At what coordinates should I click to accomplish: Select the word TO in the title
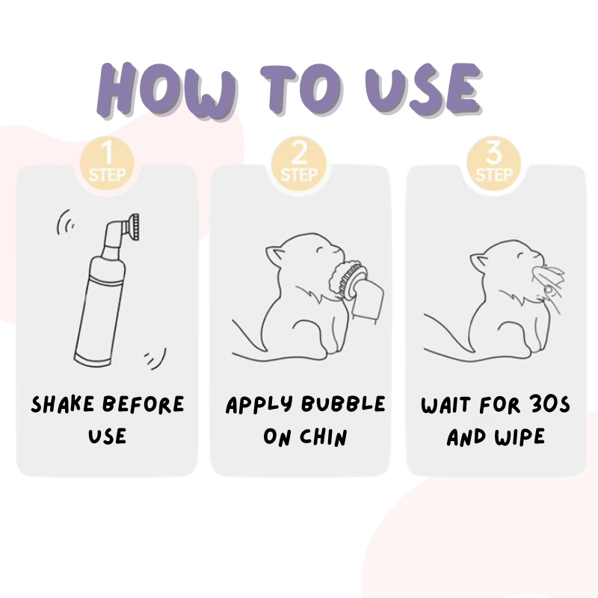pos(289,91)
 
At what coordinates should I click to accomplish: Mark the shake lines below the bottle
pos(155,358)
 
